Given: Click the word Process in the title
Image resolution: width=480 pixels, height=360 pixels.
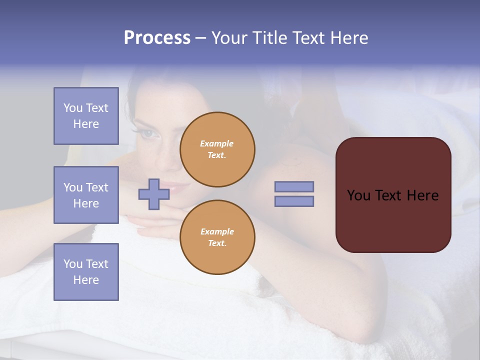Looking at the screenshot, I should [157, 38].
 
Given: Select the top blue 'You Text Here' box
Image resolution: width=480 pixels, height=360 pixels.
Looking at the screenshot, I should [86, 116].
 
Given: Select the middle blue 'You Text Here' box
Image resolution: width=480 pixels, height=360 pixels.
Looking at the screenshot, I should [86, 195].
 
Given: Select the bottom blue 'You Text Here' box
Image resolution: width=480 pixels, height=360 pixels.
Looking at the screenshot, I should [86, 271].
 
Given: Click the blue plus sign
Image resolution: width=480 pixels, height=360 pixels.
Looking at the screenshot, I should [154, 194].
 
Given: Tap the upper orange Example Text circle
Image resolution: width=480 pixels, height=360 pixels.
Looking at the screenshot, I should [217, 149].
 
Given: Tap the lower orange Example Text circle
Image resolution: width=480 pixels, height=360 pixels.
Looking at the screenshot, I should [217, 237].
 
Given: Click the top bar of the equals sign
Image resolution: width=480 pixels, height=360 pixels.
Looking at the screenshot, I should [294, 186].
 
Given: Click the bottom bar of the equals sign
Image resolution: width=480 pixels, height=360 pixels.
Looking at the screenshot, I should [294, 201].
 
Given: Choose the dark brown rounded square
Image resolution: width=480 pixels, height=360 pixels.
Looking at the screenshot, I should [393, 194].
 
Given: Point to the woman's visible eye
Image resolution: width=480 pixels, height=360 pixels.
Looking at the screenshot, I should [148, 133].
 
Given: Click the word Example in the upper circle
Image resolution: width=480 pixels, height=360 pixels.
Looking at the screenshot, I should [216, 143].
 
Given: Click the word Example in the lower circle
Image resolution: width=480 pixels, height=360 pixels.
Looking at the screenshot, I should [217, 231].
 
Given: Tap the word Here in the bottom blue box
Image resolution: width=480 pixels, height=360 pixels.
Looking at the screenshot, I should [86, 280].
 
